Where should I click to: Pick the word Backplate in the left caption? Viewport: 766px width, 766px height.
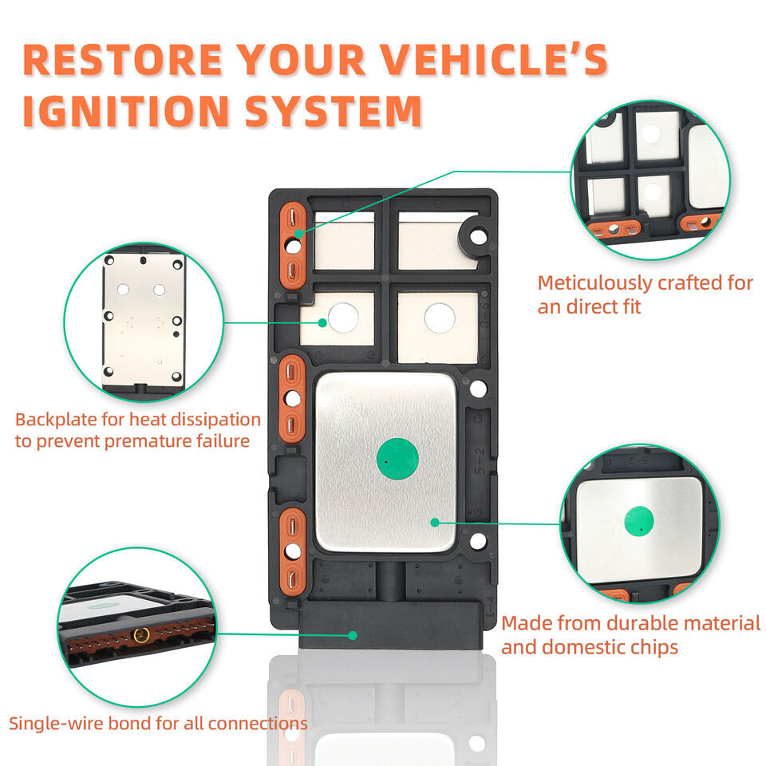tap(52, 420)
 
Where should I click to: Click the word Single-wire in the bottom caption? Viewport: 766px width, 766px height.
tap(53, 724)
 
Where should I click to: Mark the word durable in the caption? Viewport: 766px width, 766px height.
tap(644, 622)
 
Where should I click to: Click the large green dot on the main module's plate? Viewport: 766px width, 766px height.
tap(397, 459)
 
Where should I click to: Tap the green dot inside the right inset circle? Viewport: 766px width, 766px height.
tap(638, 521)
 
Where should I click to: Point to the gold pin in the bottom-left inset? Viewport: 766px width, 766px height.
tap(141, 635)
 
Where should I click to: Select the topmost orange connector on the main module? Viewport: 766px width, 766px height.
tap(293, 243)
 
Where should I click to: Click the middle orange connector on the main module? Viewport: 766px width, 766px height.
tap(293, 398)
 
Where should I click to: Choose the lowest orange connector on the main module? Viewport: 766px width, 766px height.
tap(293, 551)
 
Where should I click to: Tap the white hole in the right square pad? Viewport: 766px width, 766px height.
tap(439, 318)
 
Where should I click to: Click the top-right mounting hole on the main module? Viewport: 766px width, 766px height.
tap(477, 236)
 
